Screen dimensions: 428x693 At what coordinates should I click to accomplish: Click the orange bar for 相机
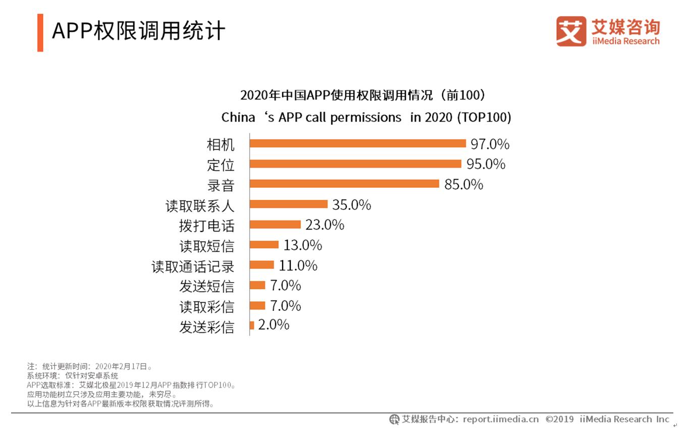[357, 143]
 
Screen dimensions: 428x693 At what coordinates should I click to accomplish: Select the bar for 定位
[355, 164]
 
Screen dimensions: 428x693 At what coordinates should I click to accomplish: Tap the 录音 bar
[344, 184]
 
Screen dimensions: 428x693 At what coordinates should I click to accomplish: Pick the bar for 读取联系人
[289, 204]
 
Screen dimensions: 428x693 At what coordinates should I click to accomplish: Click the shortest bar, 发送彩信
[252, 326]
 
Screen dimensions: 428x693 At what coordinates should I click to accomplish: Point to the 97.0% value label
[490, 144]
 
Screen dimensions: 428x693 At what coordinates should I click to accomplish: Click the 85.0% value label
[463, 184]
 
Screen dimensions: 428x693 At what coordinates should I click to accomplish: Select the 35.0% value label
[351, 204]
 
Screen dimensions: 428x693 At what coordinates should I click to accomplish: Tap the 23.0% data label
[325, 225]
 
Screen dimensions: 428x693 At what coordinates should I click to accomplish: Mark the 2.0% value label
[274, 325]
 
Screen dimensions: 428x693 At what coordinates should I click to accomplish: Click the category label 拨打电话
[206, 226]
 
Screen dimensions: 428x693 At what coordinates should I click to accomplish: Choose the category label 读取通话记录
[193, 266]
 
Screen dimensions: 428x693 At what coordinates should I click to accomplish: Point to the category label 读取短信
[206, 246]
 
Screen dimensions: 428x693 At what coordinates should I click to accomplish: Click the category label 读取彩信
[206, 306]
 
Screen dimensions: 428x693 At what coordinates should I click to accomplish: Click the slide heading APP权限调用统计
[138, 31]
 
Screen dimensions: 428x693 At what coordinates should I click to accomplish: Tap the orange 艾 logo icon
[571, 31]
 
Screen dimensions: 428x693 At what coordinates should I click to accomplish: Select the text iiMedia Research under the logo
[625, 41]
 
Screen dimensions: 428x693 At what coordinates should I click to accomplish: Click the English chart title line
[366, 117]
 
